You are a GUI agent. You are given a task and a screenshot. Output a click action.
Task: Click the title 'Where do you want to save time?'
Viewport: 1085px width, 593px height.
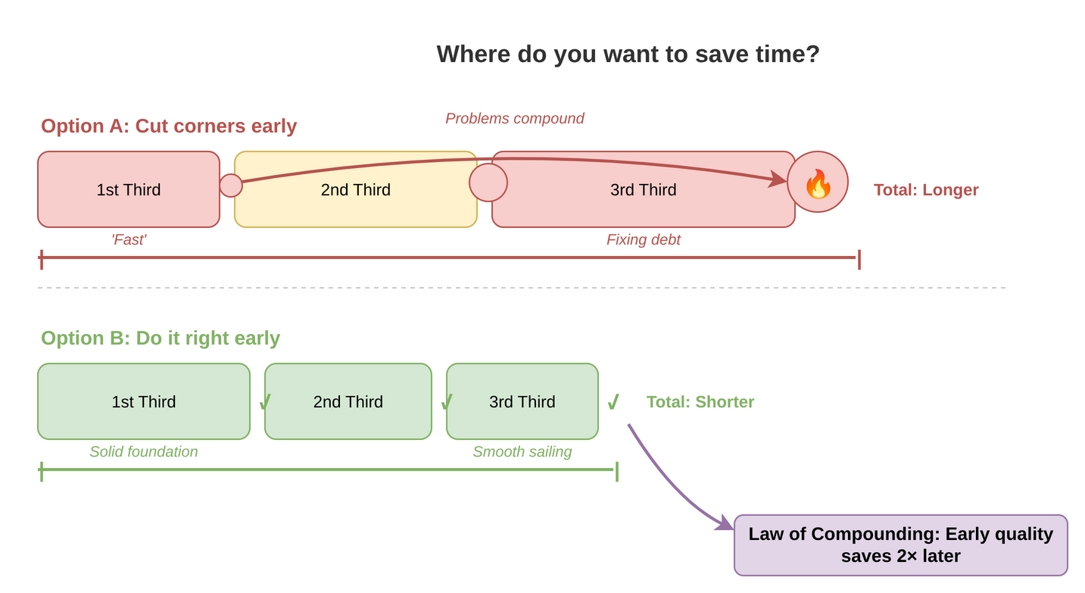[628, 54]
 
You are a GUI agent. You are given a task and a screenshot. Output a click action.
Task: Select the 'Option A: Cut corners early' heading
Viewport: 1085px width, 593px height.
[169, 126]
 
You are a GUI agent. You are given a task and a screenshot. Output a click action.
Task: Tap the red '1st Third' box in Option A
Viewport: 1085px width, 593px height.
[129, 189]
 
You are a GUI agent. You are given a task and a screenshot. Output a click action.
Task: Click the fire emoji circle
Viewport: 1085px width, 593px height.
[818, 183]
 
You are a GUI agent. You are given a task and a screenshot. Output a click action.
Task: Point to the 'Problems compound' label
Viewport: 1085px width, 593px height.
[515, 119]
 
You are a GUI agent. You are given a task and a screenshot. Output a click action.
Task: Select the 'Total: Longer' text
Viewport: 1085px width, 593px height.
[926, 190]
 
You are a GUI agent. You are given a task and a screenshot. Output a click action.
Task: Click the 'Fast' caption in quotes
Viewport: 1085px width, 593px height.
[129, 239]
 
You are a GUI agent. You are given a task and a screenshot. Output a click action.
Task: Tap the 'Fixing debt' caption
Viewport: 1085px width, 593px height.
[644, 239]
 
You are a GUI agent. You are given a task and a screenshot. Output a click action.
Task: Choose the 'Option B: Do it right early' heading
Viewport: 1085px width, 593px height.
[161, 338]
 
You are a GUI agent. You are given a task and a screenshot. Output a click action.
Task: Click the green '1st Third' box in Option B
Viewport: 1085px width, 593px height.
[144, 401]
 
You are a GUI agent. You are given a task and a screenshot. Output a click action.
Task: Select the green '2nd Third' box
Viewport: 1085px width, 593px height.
[348, 401]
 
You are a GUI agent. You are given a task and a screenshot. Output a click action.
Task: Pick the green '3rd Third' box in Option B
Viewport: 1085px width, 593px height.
[522, 401]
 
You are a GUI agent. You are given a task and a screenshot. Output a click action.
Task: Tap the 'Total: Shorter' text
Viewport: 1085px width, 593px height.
[700, 402]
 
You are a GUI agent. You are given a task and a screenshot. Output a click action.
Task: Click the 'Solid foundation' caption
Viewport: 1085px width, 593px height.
[144, 451]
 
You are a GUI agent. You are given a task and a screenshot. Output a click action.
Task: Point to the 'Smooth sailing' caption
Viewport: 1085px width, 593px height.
[522, 451]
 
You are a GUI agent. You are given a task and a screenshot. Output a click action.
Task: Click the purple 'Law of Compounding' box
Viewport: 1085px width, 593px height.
[900, 545]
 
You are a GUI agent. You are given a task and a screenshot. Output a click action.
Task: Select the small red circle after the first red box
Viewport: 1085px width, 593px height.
[231, 186]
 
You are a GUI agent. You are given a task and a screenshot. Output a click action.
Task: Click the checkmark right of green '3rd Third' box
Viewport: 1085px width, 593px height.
[613, 401]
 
